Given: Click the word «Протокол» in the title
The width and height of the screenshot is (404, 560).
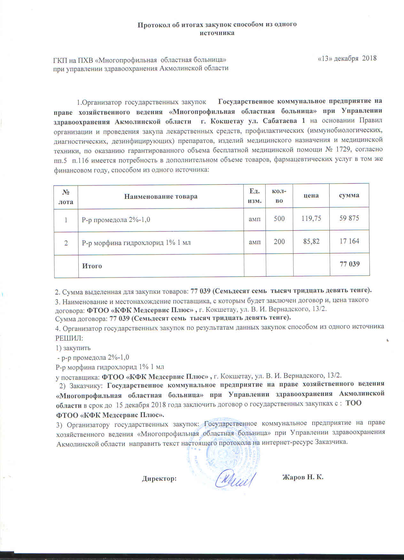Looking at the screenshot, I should (151, 25).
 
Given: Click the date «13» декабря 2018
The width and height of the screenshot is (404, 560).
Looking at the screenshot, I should (347, 58).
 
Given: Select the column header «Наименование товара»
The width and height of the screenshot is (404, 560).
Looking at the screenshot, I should (161, 196).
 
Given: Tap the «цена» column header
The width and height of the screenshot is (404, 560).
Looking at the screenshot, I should (311, 195).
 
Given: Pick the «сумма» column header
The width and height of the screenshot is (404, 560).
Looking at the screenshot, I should (349, 195).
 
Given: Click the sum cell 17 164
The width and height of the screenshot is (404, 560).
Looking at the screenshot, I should (349, 241).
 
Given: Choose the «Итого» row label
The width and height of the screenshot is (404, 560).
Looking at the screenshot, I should (92, 266).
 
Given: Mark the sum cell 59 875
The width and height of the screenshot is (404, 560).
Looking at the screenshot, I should (349, 218).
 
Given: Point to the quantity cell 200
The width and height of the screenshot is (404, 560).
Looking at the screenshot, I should (279, 242).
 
